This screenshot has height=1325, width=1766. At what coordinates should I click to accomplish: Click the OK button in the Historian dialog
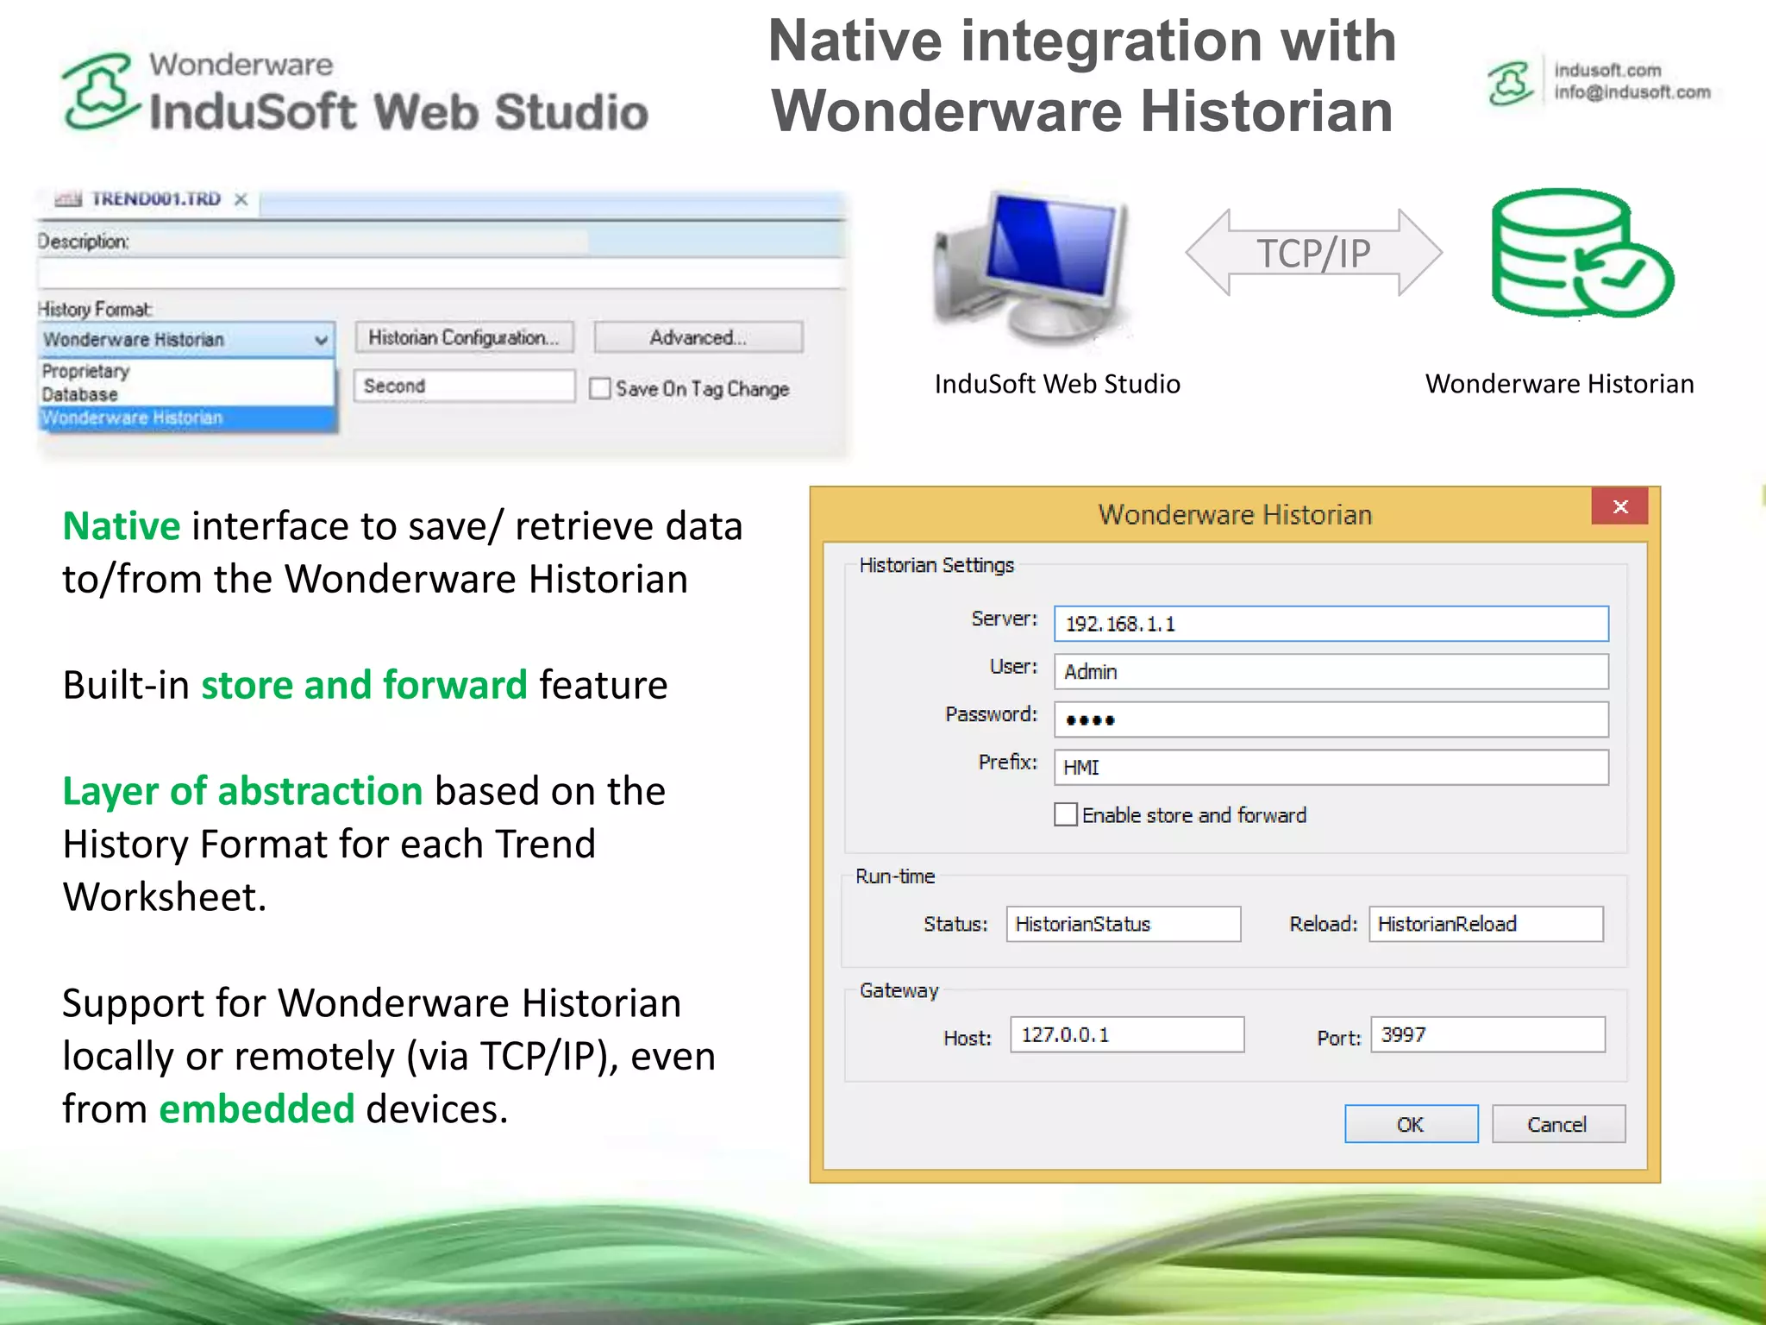pos(1411,1124)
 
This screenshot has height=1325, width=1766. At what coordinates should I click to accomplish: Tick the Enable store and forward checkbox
pos(1066,814)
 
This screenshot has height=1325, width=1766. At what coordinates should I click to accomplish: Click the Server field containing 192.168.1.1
pos(1331,624)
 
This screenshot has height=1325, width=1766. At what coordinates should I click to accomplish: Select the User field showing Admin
pos(1331,672)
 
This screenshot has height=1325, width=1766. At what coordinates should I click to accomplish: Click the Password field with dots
pos(1331,719)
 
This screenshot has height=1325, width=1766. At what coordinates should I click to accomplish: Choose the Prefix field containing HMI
pos(1331,768)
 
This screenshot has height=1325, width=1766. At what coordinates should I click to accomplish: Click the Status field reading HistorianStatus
pos(1123,924)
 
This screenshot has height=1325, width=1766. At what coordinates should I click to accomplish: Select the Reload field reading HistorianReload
pos(1486,924)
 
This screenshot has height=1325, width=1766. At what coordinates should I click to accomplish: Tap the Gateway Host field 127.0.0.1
pos(1126,1034)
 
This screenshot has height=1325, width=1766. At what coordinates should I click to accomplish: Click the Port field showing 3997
pos(1487,1034)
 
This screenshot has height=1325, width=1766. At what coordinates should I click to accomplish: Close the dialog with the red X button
pos(1619,506)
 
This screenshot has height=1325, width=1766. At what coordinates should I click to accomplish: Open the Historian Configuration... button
pos(464,337)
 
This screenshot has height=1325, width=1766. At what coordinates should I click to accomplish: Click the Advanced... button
pos(698,337)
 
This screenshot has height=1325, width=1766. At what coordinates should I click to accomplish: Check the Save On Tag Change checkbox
pos(600,388)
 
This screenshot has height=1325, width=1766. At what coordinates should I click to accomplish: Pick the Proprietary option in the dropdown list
pos(86,371)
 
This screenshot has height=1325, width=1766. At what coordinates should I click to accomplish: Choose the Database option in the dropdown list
pos(80,394)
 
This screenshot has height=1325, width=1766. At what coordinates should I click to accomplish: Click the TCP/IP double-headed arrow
pos(1313,253)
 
